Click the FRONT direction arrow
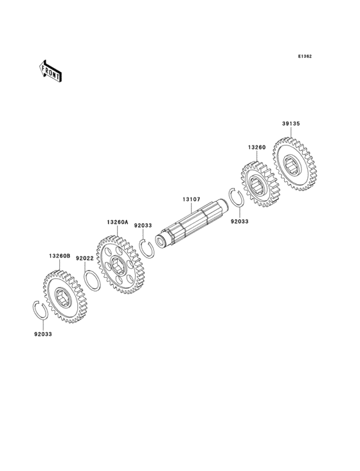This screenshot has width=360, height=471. pyautogui.click(x=51, y=70)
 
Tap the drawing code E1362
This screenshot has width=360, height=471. pyautogui.click(x=304, y=57)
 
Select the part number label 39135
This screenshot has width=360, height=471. pyautogui.click(x=291, y=123)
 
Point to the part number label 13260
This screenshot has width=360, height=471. pyautogui.click(x=256, y=147)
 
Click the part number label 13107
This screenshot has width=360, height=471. pyautogui.click(x=191, y=199)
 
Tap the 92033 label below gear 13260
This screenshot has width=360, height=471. pyautogui.click(x=239, y=221)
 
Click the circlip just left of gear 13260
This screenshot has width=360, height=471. pyautogui.click(x=236, y=198)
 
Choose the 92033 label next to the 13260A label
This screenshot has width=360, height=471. pyautogui.click(x=143, y=226)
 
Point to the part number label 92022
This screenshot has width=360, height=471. pyautogui.click(x=85, y=257)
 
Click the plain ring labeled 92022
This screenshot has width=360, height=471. pyautogui.click(x=92, y=281)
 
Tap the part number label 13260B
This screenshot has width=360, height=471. pyautogui.click(x=59, y=255)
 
